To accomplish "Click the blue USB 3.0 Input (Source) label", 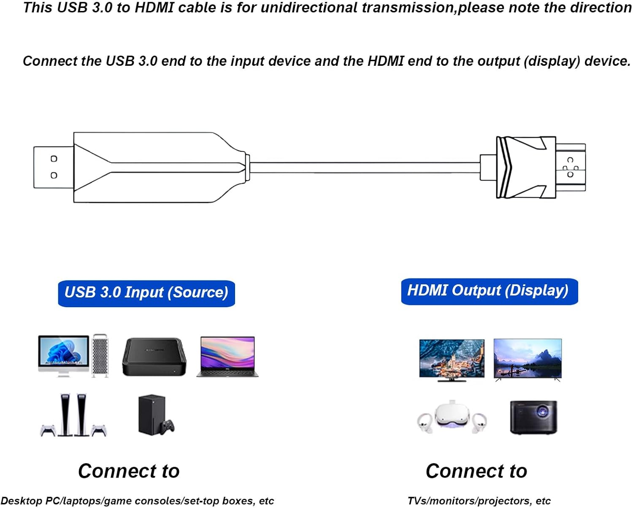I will (x=146, y=293).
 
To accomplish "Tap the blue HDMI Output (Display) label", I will (x=489, y=291).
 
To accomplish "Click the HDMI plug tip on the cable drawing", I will (x=571, y=167).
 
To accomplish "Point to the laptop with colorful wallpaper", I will (x=227, y=357).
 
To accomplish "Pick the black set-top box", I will (x=154, y=357).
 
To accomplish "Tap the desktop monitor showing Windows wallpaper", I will (x=64, y=354).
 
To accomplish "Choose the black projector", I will (x=533, y=417).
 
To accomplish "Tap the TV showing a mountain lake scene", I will (x=527, y=359).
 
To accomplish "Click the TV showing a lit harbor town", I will (x=452, y=359).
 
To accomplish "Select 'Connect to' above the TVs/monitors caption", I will (x=476, y=471).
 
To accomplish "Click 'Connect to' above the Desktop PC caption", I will (x=129, y=471).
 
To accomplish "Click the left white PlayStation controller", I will (x=48, y=430).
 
